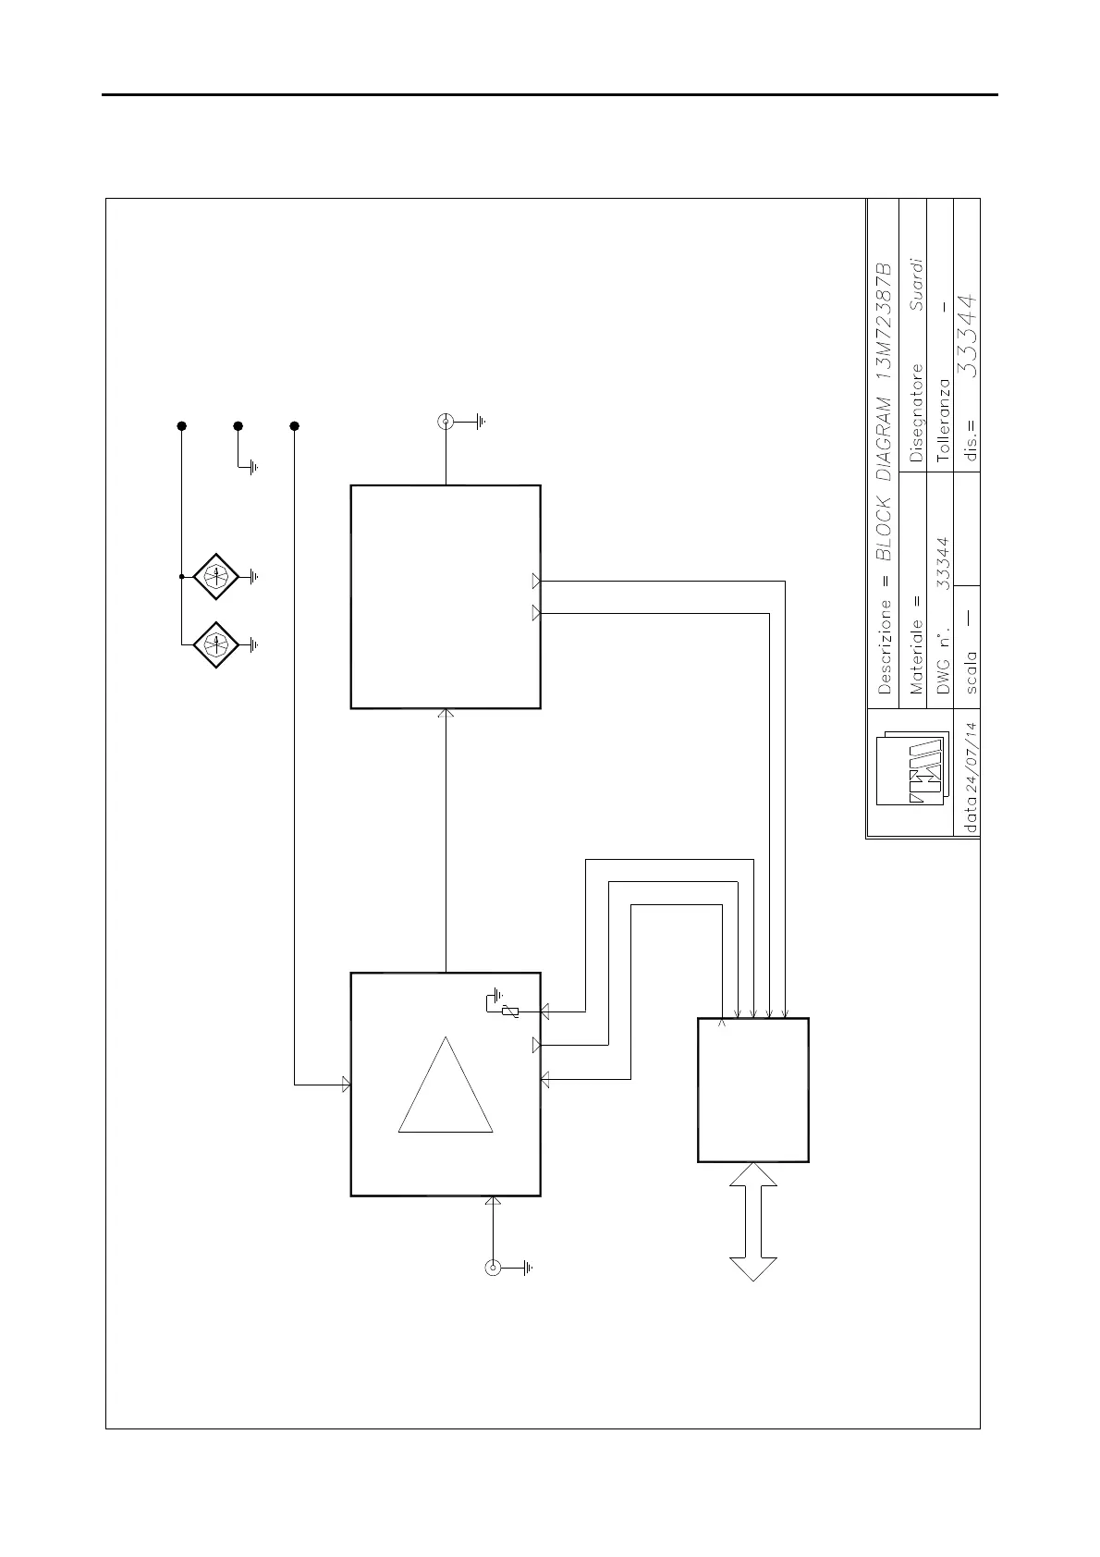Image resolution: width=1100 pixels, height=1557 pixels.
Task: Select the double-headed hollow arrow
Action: point(753,1221)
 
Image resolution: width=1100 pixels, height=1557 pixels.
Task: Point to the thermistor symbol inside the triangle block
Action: point(507,1012)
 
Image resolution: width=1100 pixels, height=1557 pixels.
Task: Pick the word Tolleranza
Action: point(943,420)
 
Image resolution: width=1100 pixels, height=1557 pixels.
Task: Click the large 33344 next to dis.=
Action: point(967,336)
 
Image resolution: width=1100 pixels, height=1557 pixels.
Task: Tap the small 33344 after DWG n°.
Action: point(943,564)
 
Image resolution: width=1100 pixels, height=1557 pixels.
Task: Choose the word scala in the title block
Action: point(971,672)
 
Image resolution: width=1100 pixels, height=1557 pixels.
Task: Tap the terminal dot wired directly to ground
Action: point(238,426)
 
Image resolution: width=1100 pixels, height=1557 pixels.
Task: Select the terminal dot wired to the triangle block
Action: point(295,426)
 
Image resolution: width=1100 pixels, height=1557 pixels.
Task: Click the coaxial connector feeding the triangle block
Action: point(493,1267)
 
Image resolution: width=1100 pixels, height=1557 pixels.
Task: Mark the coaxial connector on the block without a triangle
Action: point(446,423)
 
